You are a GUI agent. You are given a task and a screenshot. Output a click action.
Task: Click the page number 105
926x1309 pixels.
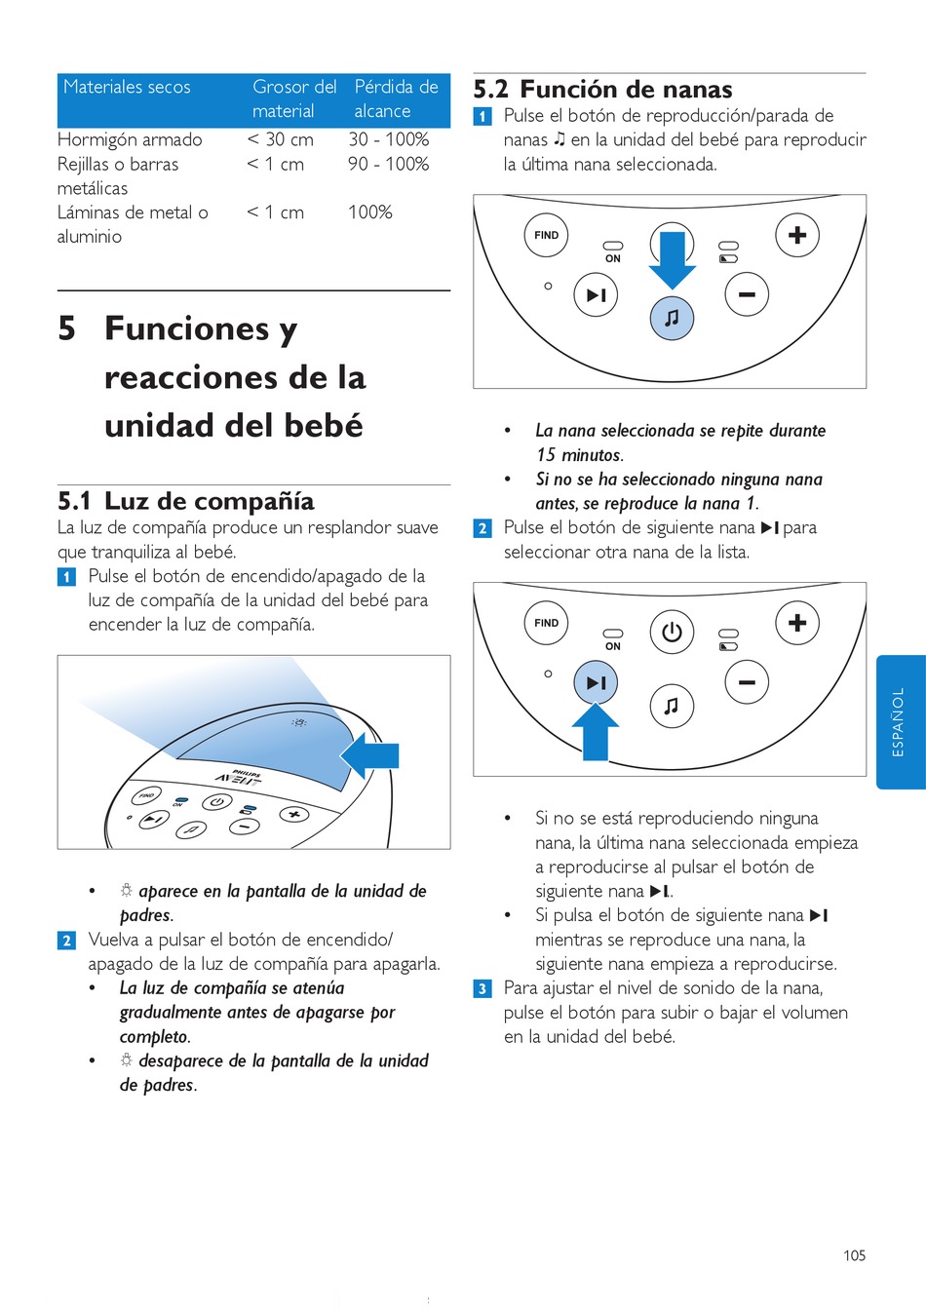coord(854,1255)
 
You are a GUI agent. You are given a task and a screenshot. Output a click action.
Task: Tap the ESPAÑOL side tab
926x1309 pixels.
coord(900,721)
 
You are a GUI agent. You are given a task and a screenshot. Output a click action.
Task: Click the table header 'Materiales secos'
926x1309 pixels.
coord(127,87)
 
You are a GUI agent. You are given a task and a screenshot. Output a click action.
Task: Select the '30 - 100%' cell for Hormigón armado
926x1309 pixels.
coord(389,139)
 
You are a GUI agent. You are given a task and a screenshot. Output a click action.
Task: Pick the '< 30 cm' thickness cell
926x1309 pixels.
coord(281,139)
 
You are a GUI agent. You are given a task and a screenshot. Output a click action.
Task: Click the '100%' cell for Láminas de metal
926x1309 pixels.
coord(370,212)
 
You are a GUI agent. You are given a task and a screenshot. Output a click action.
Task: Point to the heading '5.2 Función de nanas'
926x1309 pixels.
coord(602,90)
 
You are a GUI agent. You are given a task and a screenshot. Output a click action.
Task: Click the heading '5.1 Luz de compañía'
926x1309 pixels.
coord(185,502)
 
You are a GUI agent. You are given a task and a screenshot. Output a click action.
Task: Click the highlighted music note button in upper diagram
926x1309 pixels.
coord(672,318)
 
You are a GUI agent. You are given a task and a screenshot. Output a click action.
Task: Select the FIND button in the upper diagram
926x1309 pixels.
coord(547,235)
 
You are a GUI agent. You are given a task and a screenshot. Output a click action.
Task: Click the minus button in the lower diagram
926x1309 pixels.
coord(747,682)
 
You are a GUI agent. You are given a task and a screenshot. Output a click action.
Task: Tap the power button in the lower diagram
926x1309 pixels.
coord(672,632)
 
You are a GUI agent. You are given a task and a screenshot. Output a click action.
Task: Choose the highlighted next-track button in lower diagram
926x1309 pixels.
coord(596,683)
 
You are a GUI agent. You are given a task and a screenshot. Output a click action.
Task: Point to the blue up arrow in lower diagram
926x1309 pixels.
coord(596,732)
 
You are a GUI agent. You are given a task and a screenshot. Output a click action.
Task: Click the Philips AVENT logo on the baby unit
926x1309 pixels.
coord(240,778)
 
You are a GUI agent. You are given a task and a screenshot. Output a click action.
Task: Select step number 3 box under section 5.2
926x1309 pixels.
coord(482,989)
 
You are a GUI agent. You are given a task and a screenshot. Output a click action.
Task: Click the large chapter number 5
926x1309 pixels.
coord(66,328)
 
